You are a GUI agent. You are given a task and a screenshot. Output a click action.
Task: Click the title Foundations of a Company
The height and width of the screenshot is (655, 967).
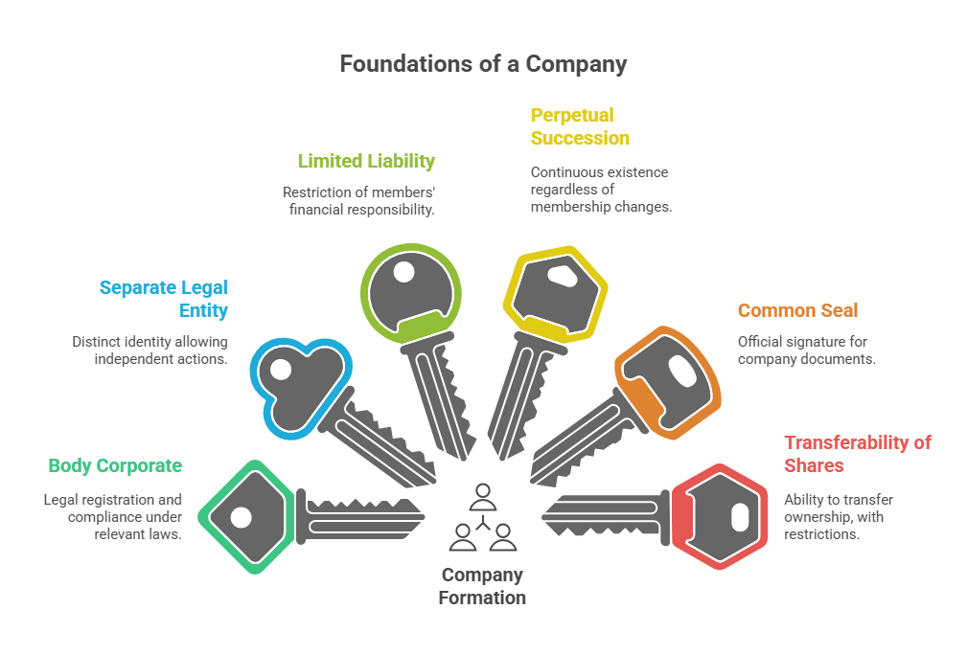[483, 65]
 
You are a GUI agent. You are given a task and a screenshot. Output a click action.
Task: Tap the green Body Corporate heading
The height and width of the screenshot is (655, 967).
[115, 466]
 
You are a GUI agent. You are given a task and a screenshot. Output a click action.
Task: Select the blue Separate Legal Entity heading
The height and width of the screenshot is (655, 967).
[164, 299]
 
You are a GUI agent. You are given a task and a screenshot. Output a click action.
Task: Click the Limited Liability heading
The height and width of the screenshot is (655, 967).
[366, 161]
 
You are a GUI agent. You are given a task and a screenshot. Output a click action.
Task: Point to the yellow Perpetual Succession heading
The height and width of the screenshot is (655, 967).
[580, 126]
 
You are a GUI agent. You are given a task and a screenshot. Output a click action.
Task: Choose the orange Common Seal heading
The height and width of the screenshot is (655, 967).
[797, 310]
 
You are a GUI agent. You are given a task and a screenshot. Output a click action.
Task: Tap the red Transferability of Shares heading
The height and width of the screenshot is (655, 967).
[857, 454]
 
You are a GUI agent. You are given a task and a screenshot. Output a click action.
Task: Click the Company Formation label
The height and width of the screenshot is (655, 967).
[482, 586]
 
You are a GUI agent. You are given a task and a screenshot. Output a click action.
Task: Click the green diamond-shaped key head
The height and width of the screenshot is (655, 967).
[245, 516]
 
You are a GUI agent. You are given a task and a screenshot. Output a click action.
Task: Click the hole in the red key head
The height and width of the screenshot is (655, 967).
[739, 518]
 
